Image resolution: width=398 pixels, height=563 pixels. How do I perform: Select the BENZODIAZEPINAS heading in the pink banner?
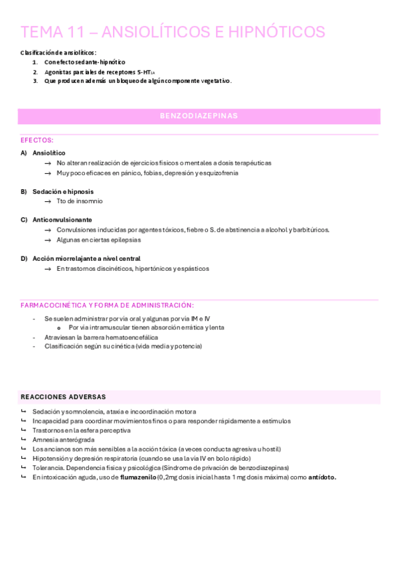(x=199, y=116)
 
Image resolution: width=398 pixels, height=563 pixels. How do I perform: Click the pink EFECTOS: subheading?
(x=37, y=140)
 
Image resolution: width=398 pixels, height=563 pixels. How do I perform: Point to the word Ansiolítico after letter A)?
(x=49, y=153)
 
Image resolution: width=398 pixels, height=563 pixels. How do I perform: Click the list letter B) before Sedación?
(x=24, y=191)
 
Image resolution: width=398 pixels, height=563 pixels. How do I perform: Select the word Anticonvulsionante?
(x=62, y=220)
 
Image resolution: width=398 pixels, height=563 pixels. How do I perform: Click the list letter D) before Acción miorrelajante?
(x=24, y=258)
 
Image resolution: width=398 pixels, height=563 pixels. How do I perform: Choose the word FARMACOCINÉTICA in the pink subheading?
(x=55, y=305)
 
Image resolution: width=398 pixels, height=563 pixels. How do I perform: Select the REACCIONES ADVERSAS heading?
(x=63, y=397)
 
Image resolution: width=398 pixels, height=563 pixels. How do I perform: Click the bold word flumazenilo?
(x=138, y=477)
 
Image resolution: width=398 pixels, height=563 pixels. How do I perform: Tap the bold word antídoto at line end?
(x=322, y=477)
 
